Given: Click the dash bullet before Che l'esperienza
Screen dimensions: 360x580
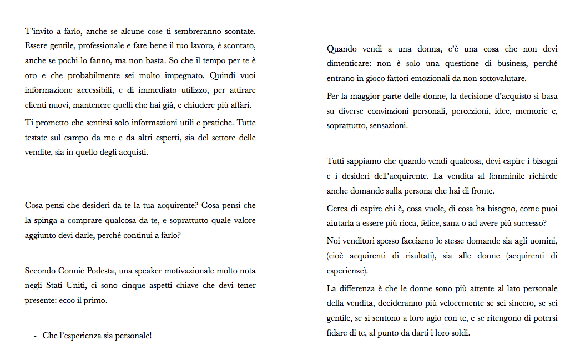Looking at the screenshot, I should click(x=35, y=336).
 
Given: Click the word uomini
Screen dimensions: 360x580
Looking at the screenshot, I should click(x=543, y=242).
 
